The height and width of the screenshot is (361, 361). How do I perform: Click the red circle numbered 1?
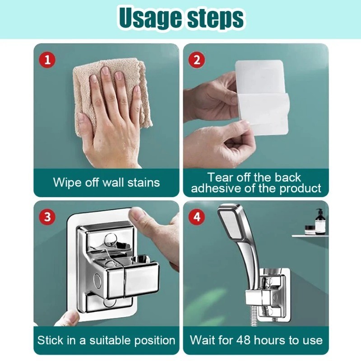click(x=47, y=60)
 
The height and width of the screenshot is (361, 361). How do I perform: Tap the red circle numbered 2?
click(x=197, y=60)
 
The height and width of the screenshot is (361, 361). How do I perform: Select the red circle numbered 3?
click(x=47, y=217)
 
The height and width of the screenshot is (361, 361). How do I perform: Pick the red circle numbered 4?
click(x=197, y=217)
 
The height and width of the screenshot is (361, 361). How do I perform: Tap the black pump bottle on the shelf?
click(x=320, y=221)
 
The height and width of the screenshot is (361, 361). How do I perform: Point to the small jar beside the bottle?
click(x=310, y=230)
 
